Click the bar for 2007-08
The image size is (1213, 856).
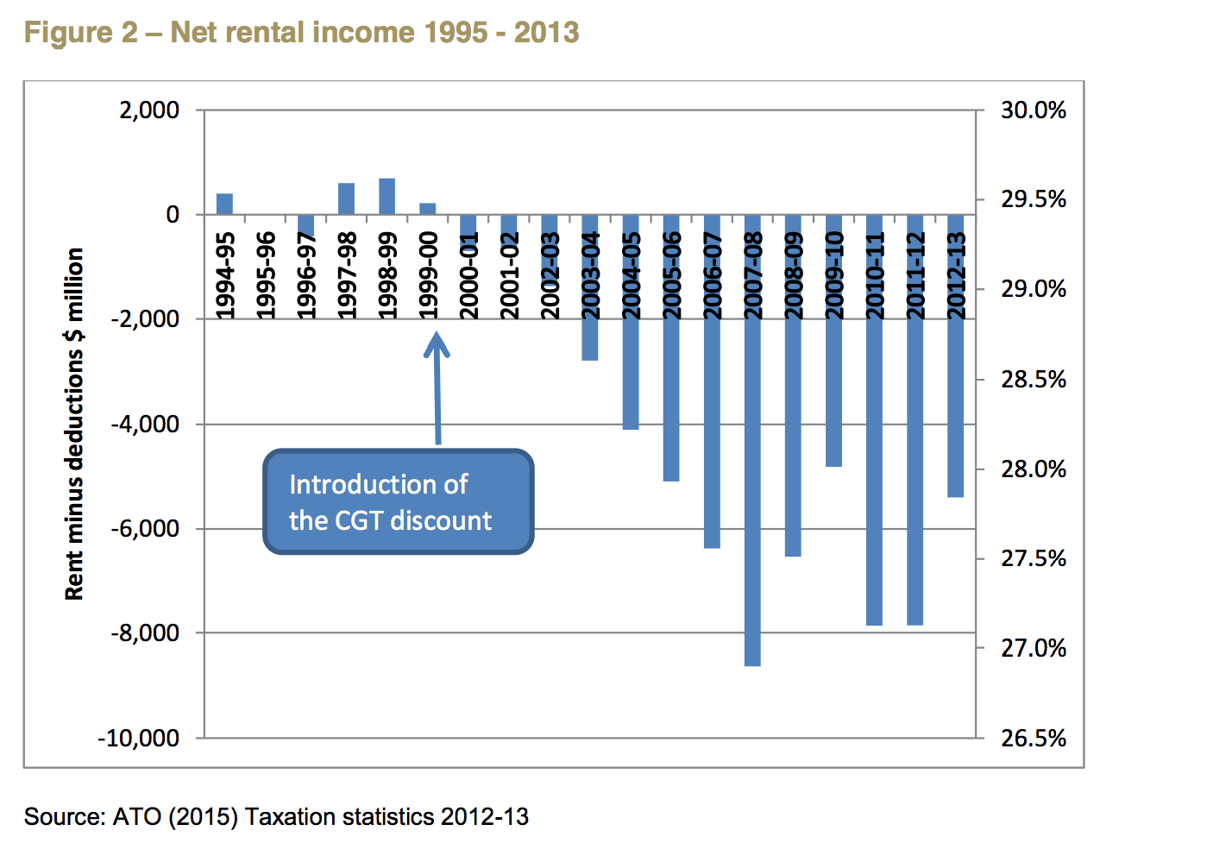coord(752,440)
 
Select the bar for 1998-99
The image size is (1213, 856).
coord(387,196)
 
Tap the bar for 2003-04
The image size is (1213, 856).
coord(590,287)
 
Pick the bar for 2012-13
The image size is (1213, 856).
coord(956,356)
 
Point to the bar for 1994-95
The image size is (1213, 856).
coord(224,204)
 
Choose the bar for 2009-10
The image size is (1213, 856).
coord(833,340)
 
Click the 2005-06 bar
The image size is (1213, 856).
coord(671,348)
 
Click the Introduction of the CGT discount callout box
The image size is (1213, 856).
coord(398,501)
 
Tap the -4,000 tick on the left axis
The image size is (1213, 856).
coord(145,424)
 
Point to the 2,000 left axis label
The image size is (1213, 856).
coord(151,110)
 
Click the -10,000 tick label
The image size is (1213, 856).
coord(139,738)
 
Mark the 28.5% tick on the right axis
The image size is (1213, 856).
coord(1033,380)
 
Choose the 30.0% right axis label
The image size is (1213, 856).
coord(1033,110)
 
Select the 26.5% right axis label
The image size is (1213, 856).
coord(1033,738)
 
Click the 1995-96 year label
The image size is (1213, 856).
coord(266,274)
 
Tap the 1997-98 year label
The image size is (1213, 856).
coord(347,274)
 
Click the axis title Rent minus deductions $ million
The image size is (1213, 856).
coord(75,424)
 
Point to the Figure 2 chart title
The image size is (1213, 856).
coord(301,33)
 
